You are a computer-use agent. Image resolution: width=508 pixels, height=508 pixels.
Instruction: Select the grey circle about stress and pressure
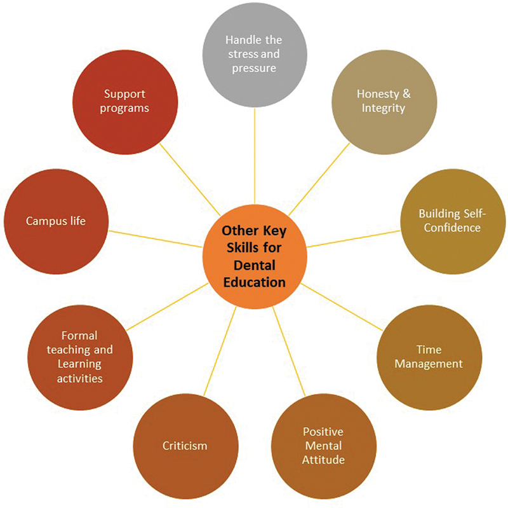[x=253, y=54]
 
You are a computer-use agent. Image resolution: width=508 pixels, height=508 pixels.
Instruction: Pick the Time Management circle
[x=429, y=357]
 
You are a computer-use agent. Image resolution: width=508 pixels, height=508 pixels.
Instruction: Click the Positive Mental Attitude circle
[x=323, y=446]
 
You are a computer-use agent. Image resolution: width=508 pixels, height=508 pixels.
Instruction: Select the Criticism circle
[x=184, y=446]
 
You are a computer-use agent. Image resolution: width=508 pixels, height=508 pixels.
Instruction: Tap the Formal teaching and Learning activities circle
[x=79, y=357]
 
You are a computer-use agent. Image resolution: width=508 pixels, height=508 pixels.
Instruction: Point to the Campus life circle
[x=56, y=221]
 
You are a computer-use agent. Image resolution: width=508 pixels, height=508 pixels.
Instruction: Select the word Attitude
[x=323, y=459]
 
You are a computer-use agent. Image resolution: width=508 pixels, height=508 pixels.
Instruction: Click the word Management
[x=429, y=364]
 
